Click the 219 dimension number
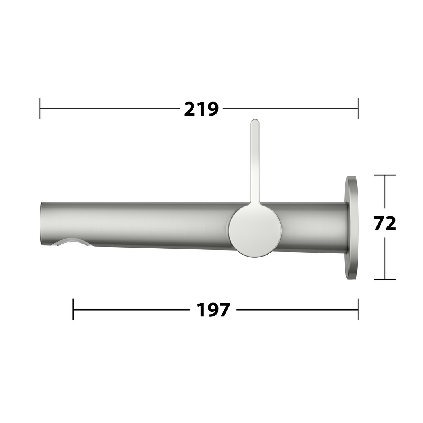coord(201,109)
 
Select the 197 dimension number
coord(213,310)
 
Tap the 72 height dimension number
coord(385,223)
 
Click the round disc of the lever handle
coord(255,231)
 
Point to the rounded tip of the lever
coord(255,121)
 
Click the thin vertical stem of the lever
coord(255,162)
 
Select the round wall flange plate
coord(352,228)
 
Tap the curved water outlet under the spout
coord(73,242)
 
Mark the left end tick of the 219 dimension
coord(40,108)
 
